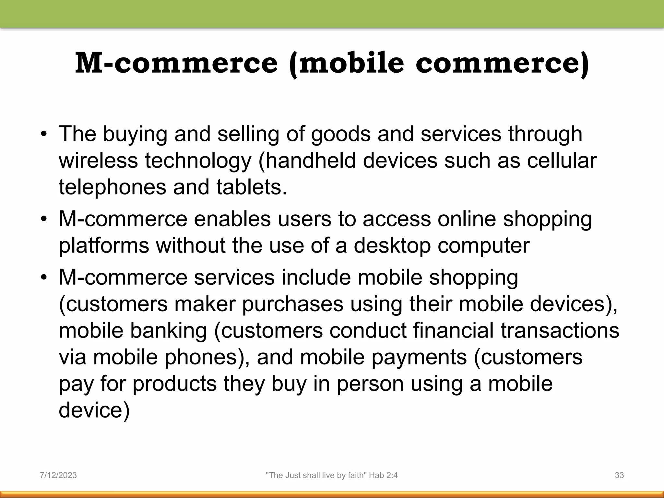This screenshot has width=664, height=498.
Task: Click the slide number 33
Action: tap(619, 475)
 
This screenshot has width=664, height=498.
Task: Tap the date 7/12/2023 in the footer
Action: tap(58, 475)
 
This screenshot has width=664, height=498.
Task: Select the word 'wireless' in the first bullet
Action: tap(98, 160)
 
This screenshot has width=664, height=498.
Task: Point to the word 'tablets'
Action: tap(252, 187)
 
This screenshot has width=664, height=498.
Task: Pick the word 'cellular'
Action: tap(562, 160)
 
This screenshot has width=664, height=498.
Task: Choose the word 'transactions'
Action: tap(560, 330)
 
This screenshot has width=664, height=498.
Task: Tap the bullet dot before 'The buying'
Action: tap(44, 135)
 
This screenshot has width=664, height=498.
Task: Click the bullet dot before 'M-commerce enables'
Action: tap(44, 219)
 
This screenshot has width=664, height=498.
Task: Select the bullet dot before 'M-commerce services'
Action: tap(44, 278)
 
